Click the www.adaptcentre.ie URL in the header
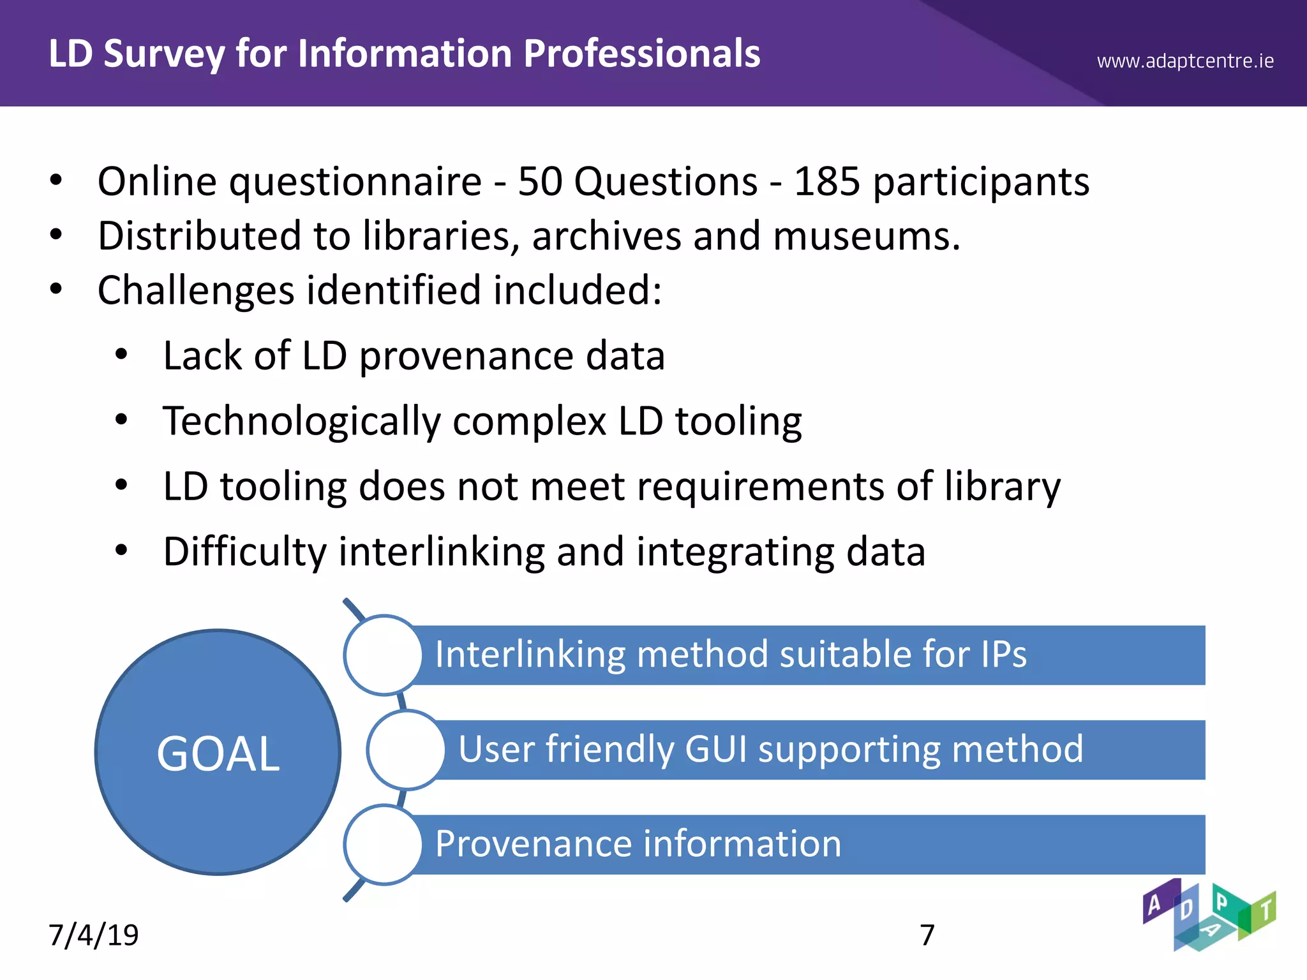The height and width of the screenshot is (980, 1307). point(1185,61)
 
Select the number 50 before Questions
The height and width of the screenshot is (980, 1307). point(539,182)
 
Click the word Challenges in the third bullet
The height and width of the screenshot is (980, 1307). point(196,291)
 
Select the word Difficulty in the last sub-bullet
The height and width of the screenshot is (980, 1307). point(244,553)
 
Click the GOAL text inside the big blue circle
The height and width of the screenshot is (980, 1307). point(218,754)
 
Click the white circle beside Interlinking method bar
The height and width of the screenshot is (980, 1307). point(383,655)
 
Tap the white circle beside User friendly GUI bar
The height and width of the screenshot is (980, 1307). point(406,750)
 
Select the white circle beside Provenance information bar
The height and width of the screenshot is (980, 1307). point(383,844)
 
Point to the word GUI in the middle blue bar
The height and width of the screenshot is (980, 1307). point(715,750)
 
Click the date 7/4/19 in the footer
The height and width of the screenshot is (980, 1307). point(94,935)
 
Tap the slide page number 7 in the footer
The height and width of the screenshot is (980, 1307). point(927,935)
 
